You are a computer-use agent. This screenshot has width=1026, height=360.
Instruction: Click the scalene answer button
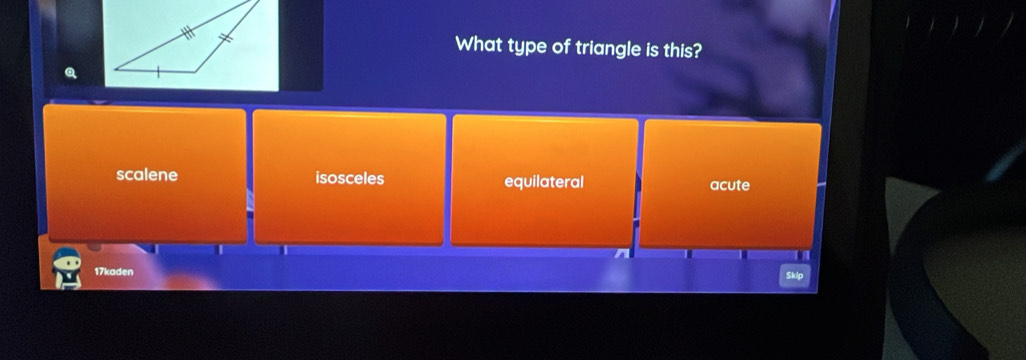pos(145,175)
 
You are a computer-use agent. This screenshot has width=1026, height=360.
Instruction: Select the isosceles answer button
pos(349,178)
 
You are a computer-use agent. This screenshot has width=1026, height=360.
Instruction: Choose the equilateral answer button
pos(544,182)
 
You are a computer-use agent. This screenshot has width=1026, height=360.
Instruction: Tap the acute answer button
pos(730,185)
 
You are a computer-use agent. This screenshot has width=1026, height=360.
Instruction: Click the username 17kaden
pos(114,271)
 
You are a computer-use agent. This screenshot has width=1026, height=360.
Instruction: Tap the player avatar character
pos(67,268)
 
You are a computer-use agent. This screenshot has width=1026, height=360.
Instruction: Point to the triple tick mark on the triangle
pos(188,32)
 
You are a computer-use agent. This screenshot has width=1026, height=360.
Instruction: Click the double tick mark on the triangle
pos(225,38)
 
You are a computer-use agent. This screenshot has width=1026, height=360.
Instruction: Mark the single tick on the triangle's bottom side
pos(158,71)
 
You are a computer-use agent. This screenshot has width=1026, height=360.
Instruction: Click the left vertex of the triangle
pos(115,68)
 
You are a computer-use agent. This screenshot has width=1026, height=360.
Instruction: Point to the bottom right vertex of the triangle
pos(196,71)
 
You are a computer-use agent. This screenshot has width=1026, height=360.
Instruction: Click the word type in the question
pos(526,46)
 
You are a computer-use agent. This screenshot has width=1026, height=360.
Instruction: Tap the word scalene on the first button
pos(147,175)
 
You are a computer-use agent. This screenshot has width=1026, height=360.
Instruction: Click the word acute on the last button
pos(730,185)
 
